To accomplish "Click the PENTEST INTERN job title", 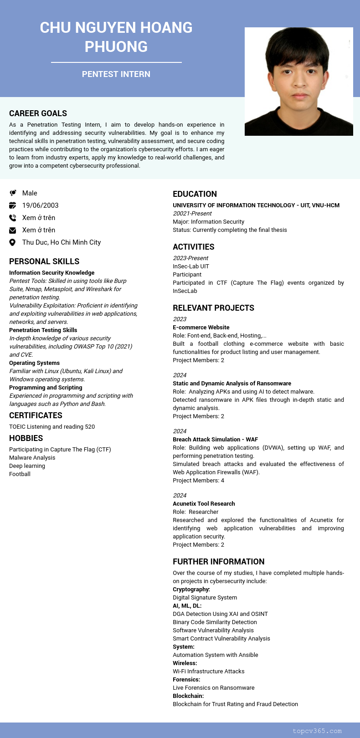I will coord(116,74).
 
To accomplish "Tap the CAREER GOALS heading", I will coord(38,113).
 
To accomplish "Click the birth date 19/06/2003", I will coord(40,205).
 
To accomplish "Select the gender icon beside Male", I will coord(13,193).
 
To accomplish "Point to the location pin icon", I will coord(13,242).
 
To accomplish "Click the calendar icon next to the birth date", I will coord(13,205).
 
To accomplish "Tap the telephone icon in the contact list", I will coord(13,218).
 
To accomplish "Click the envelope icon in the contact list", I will coord(13,230).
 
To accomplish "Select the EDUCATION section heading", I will coord(195,194).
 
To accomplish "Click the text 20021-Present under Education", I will coord(192,214).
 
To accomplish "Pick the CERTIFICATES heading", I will coord(36,415).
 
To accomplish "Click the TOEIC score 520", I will coord(90,427).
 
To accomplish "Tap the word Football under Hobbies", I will coord(20,474).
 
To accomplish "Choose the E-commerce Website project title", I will coord(201,328).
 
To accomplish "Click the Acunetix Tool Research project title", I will coord(204,504).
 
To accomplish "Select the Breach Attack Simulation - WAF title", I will coord(215,440).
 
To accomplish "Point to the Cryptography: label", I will coord(191,589).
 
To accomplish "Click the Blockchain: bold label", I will coord(188,696).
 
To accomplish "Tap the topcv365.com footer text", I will coord(317,731).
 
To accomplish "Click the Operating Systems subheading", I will coord(34,363).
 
